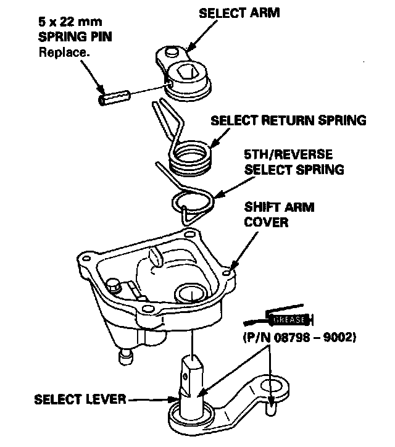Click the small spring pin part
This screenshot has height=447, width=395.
(114, 96)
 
